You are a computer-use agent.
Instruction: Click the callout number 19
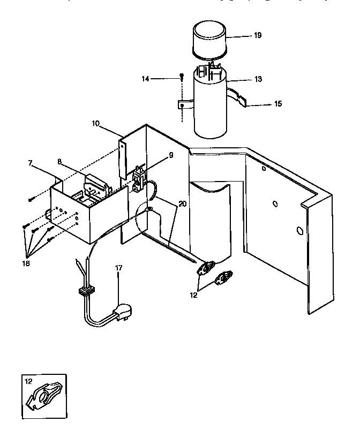tap(258, 35)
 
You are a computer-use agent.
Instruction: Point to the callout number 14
tap(145, 79)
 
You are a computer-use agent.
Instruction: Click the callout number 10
tap(95, 123)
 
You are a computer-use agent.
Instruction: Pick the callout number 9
tap(170, 155)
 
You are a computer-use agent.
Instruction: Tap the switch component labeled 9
tap(139, 178)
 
